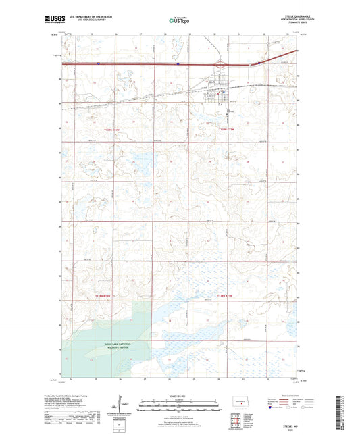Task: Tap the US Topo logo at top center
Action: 178,21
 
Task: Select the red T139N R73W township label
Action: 221,129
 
